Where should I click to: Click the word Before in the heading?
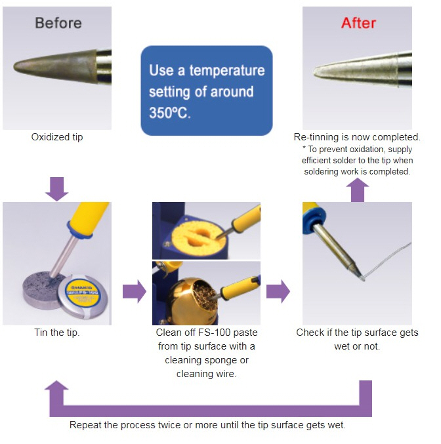pyautogui.click(x=58, y=23)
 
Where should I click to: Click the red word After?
pyautogui.click(x=358, y=23)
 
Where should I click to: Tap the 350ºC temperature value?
pyautogui.click(x=170, y=113)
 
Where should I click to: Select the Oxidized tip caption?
pyautogui.click(x=57, y=137)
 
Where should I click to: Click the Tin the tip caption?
pyautogui.click(x=57, y=333)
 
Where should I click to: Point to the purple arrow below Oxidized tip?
pyautogui.click(x=57, y=189)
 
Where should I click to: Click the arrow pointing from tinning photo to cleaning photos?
pyautogui.click(x=135, y=291)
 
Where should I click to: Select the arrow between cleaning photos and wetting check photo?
pyautogui.click(x=278, y=291)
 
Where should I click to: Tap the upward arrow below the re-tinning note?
pyautogui.click(x=358, y=190)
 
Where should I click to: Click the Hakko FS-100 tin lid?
pyautogui.click(x=82, y=296)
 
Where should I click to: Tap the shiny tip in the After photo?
pyautogui.click(x=355, y=69)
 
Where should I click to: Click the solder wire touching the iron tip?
pyautogui.click(x=387, y=260)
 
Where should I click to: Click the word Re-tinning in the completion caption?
pyautogui.click(x=316, y=137)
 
